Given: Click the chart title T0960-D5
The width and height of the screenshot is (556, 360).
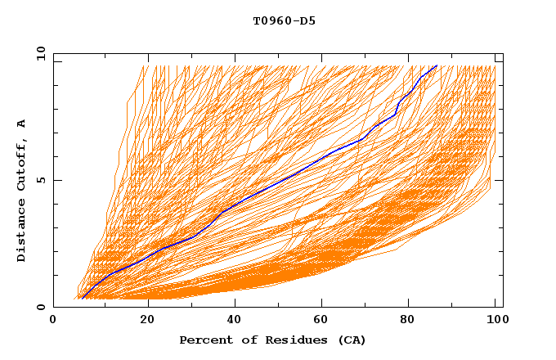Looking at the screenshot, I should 284,20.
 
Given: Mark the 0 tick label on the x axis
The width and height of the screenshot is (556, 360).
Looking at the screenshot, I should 53,320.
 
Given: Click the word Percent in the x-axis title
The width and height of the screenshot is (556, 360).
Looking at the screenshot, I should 204,340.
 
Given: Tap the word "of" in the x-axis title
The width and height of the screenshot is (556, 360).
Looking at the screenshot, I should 245,340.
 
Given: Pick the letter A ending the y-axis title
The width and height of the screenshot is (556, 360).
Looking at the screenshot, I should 22,123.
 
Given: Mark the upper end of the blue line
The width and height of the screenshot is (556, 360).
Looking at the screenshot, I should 437,65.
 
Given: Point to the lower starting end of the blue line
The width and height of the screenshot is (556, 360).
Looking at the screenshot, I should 83,299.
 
